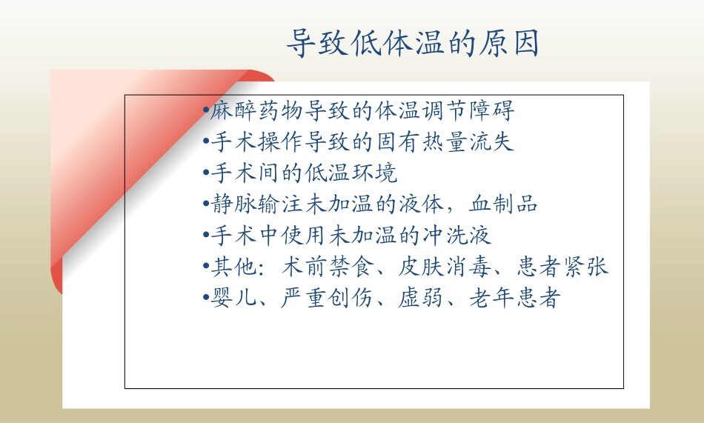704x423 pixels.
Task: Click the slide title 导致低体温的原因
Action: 413,44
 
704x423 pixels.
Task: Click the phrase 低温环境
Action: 352,173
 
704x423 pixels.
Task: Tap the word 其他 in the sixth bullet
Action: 231,267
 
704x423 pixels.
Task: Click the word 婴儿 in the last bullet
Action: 231,299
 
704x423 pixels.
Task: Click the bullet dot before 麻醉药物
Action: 205,113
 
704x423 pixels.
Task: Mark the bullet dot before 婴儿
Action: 205,299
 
